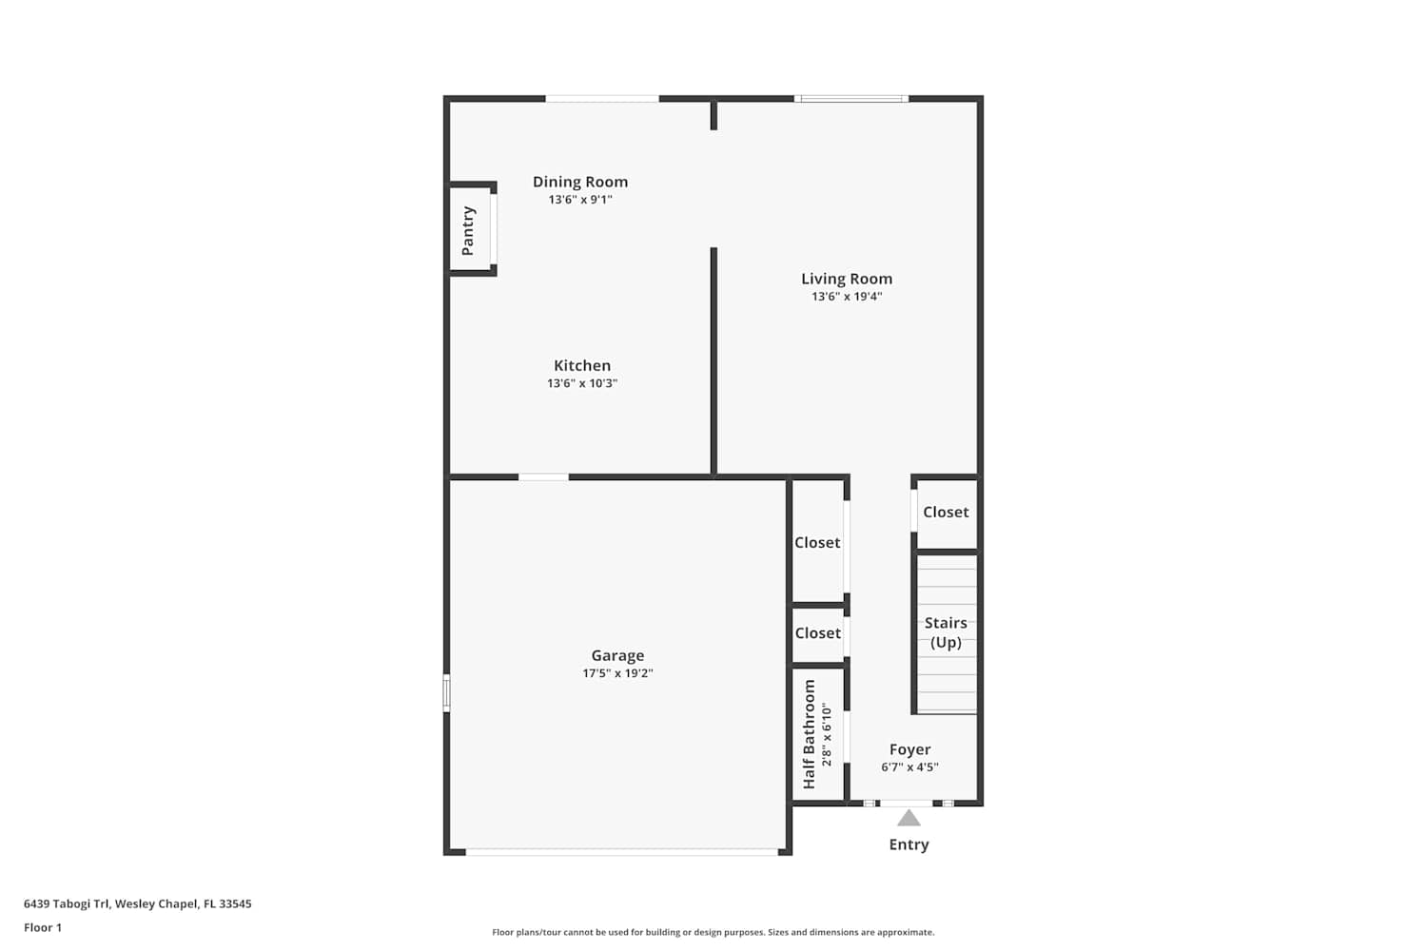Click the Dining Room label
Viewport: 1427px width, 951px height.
(580, 183)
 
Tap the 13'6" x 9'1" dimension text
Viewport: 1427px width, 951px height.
(580, 200)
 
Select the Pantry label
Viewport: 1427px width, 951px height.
(468, 230)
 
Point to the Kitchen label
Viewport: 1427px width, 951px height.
(582, 365)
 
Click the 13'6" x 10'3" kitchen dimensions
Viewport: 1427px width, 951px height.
(582, 383)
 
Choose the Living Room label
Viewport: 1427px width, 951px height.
(847, 279)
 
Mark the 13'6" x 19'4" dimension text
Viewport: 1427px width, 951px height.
(847, 296)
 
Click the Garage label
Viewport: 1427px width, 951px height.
(618, 656)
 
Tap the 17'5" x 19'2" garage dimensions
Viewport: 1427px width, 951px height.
(618, 673)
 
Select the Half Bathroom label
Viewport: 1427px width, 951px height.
(809, 734)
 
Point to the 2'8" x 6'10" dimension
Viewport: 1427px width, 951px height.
(827, 734)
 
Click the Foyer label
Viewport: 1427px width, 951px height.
(910, 749)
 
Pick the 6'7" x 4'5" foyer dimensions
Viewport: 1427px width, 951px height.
(910, 767)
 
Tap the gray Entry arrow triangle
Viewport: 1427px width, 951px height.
(909, 818)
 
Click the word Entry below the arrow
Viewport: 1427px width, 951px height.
(909, 844)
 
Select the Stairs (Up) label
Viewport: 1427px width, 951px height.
(946, 632)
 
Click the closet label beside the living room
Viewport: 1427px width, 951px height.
(946, 513)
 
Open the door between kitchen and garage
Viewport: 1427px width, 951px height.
(543, 477)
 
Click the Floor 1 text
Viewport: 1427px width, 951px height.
(43, 927)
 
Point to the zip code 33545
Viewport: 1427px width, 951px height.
(235, 903)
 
